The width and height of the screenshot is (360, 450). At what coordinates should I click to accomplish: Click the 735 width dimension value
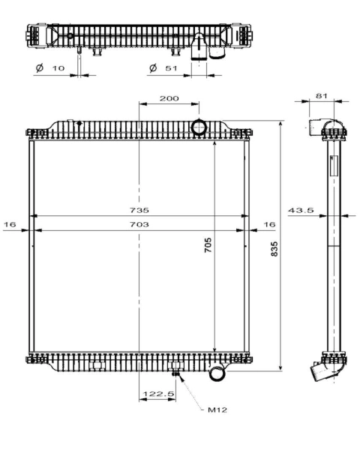tap(139, 210)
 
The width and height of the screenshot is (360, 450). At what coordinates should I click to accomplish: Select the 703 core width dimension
tap(139, 224)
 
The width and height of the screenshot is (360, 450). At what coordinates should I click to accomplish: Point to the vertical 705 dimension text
tap(208, 244)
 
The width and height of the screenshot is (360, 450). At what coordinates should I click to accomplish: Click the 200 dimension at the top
tap(169, 99)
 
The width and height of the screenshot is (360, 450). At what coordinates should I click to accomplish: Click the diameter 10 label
tap(52, 68)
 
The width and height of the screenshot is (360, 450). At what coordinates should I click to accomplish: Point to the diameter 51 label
tap(164, 68)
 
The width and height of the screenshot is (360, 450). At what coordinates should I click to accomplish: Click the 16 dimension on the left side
tap(10, 224)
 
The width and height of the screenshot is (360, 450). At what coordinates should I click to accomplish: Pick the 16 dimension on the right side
tap(269, 224)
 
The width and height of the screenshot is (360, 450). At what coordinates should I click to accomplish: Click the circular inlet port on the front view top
tap(200, 127)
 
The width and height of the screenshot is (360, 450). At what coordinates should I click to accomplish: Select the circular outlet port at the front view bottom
tap(217, 372)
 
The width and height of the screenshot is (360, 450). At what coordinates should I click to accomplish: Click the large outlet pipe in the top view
tap(199, 49)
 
